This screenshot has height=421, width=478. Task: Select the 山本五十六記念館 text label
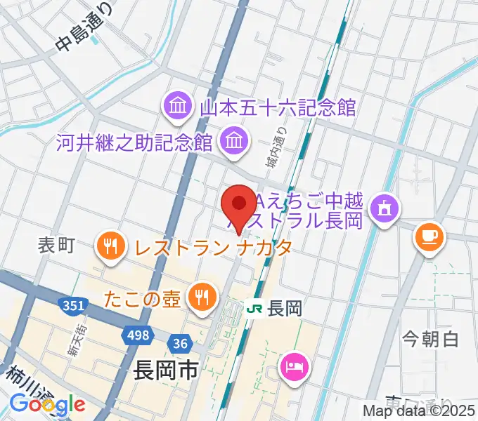278,108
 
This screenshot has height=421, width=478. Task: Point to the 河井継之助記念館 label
134,143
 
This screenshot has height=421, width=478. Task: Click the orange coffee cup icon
427,236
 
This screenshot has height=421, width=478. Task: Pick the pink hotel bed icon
292,366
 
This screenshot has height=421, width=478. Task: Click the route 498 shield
138,335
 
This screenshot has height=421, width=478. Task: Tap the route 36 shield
179,343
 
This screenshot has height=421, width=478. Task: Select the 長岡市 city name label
165,370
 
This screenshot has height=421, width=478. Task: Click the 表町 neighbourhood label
56,246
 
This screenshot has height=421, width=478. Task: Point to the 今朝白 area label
430,340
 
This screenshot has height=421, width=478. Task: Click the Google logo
48,404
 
